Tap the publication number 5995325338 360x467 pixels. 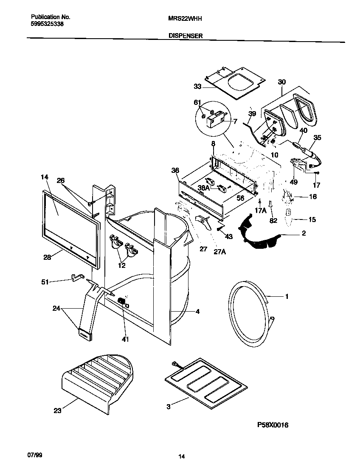click(48, 25)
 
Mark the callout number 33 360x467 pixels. click(197, 87)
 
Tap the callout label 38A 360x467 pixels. click(204, 188)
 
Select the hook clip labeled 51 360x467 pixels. click(76, 278)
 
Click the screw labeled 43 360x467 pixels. click(219, 229)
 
